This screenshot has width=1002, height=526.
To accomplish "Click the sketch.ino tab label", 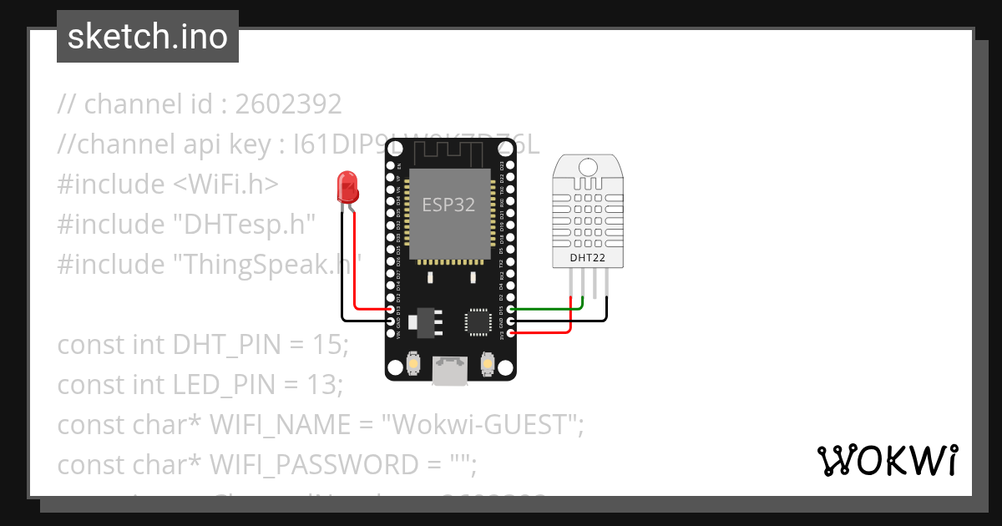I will [x=148, y=37].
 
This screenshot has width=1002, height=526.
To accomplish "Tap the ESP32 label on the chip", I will [x=448, y=205].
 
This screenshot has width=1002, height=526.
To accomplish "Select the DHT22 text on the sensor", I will [x=587, y=258].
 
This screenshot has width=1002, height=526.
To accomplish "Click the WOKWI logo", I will [x=887, y=459].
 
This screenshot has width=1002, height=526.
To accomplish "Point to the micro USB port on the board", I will [x=450, y=371].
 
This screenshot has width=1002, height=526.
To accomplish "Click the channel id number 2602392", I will [x=288, y=104].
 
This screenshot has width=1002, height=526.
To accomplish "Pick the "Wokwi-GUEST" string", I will [x=478, y=424].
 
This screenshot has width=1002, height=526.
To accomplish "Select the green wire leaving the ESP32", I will [x=543, y=309].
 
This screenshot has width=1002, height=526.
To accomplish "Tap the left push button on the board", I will [x=413, y=364].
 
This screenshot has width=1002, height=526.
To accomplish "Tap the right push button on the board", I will [x=488, y=364].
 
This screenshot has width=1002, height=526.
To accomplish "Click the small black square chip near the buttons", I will [x=478, y=321].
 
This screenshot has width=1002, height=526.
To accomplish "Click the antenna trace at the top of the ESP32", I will [x=449, y=154].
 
